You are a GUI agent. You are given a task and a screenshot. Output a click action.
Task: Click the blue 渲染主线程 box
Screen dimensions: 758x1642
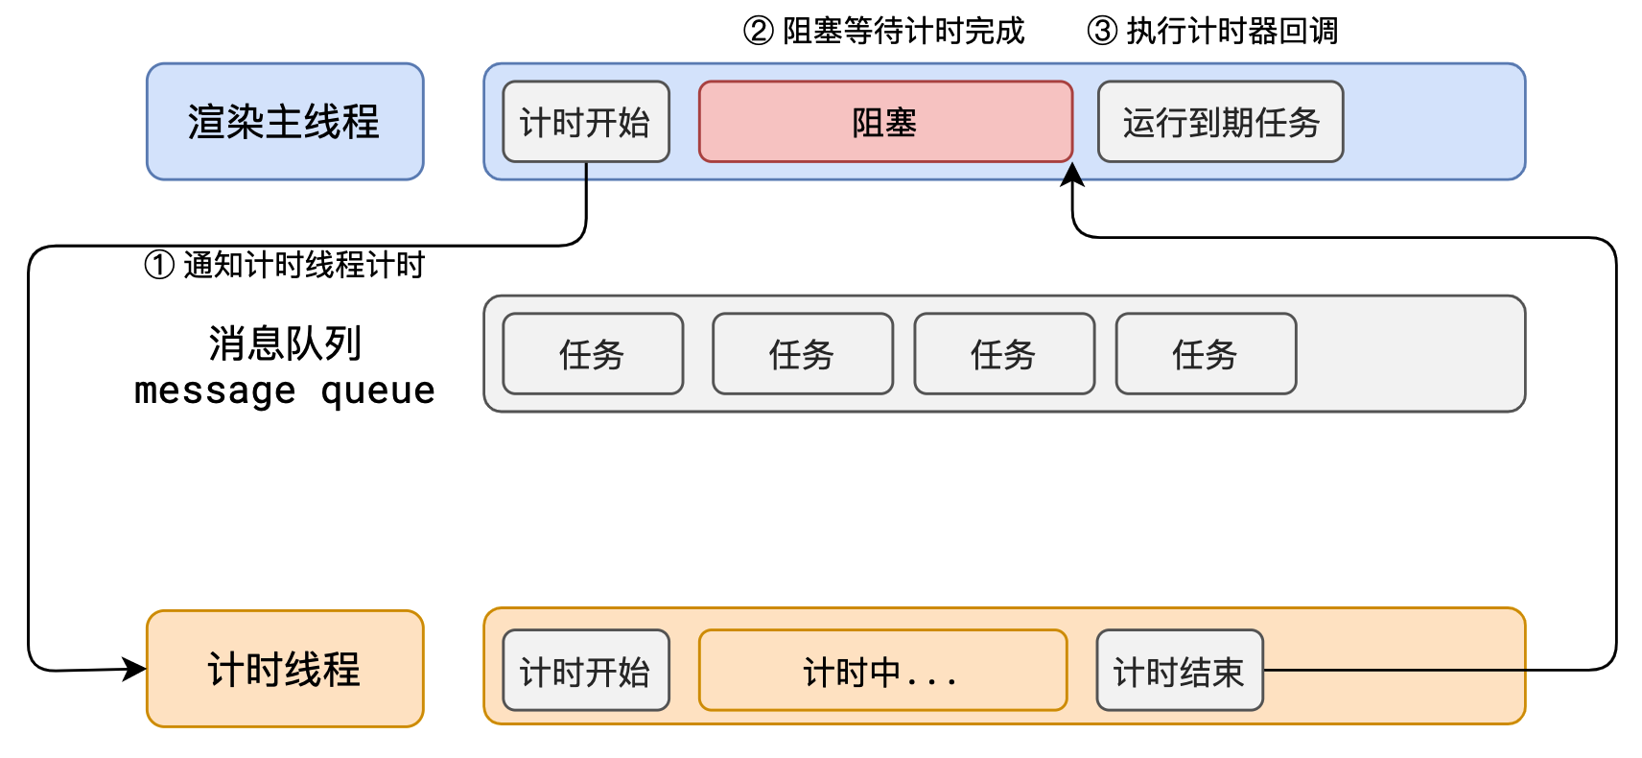(285, 122)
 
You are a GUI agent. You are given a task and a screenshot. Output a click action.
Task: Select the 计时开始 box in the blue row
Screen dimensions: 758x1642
(586, 122)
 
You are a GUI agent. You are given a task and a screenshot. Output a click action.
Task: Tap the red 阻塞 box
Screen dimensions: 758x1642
(885, 122)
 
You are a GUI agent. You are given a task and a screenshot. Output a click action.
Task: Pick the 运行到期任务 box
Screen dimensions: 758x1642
(1220, 122)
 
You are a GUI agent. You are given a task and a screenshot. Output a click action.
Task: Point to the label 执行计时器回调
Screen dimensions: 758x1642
(1231, 32)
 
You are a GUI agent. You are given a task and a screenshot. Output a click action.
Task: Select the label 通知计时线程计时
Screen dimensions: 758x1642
(303, 265)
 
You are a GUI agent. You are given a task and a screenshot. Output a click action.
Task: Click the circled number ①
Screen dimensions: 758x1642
(159, 265)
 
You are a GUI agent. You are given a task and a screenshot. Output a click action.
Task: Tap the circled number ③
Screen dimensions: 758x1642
(1102, 32)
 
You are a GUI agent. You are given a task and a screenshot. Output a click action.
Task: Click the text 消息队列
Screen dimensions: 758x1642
(285, 343)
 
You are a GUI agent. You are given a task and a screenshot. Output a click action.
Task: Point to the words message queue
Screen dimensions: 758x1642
(285, 391)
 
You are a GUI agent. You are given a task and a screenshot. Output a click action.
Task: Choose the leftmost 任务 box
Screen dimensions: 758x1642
(593, 354)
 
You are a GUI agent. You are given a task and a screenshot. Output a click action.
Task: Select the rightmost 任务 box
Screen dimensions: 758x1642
(1206, 354)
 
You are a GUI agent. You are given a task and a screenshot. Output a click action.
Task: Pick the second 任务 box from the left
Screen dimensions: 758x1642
(803, 354)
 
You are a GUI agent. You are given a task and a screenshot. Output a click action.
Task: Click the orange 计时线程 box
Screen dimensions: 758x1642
(285, 669)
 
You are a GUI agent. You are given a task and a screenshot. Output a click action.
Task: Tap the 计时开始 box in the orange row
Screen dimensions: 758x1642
(586, 671)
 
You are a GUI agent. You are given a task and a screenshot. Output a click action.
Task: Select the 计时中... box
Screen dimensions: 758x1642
(882, 671)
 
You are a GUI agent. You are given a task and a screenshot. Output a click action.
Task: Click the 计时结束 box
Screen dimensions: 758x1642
(1179, 671)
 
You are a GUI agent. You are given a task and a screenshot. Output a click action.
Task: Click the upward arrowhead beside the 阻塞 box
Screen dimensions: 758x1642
(1072, 175)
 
